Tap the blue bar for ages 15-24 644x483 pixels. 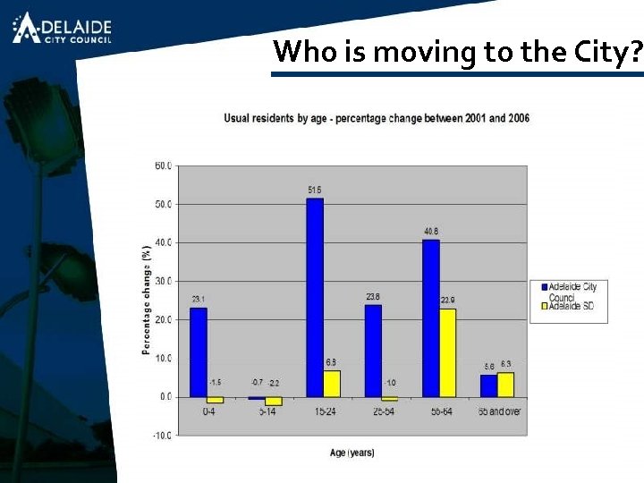pyautogui.click(x=314, y=297)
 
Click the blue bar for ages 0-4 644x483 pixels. pyautogui.click(x=198, y=352)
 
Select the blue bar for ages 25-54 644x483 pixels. pyautogui.click(x=372, y=351)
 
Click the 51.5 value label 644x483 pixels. pyautogui.click(x=315, y=191)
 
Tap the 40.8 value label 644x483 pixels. pyautogui.click(x=431, y=232)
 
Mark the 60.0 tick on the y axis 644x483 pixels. pyautogui.click(x=163, y=165)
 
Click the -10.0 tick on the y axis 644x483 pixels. pyautogui.click(x=162, y=436)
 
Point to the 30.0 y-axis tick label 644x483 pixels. pyautogui.click(x=163, y=281)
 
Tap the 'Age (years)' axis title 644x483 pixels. pyautogui.click(x=352, y=453)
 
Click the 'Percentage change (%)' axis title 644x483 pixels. pyautogui.click(x=146, y=300)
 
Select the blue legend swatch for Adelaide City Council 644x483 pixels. pyautogui.click(x=542, y=286)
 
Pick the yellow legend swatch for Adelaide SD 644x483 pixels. pyautogui.click(x=542, y=306)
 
